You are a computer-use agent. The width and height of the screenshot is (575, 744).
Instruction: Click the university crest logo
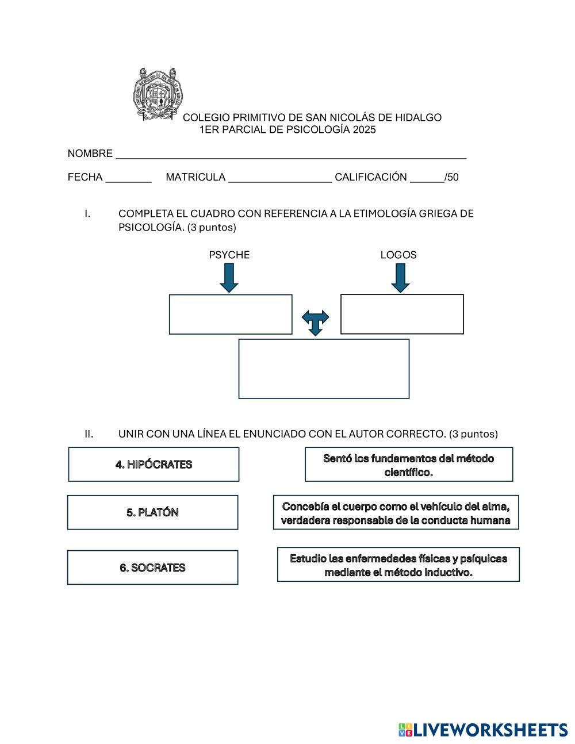tap(158, 94)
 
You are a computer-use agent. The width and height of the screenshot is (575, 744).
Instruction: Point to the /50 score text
tap(451, 177)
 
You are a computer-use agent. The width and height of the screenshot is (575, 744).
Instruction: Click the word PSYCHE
tap(229, 255)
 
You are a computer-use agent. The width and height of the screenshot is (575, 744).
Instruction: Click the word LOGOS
tap(398, 255)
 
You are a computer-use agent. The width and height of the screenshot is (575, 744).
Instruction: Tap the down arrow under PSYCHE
tap(229, 278)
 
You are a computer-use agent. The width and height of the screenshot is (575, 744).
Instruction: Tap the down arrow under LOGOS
tap(400, 278)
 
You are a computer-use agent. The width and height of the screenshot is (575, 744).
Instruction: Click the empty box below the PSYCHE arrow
tap(231, 315)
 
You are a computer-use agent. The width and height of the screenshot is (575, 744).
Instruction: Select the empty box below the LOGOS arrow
tap(402, 314)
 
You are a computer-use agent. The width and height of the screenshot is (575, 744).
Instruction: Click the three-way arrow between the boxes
tap(315, 323)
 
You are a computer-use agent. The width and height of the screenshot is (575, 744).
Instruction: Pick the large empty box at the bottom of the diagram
tap(324, 369)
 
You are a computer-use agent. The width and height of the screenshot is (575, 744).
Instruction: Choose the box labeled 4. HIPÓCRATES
tap(154, 465)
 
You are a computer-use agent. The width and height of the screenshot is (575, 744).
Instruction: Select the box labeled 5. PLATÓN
tap(152, 512)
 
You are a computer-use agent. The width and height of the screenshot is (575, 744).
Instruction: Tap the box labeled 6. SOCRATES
tap(152, 567)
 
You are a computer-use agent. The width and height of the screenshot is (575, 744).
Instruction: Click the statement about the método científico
tap(408, 465)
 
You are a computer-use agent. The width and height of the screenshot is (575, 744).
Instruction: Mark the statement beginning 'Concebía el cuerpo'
tap(396, 513)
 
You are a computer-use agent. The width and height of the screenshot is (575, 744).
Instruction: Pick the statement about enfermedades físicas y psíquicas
tap(398, 565)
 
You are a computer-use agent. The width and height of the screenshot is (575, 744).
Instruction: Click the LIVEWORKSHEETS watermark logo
tap(482, 730)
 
